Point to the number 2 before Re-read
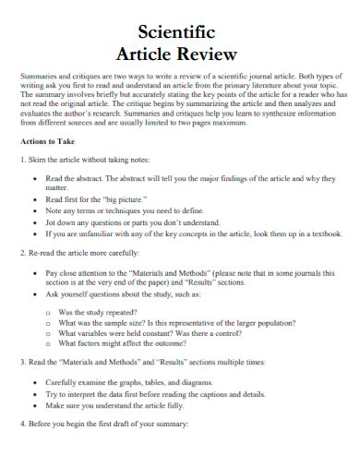(x=22, y=251)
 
